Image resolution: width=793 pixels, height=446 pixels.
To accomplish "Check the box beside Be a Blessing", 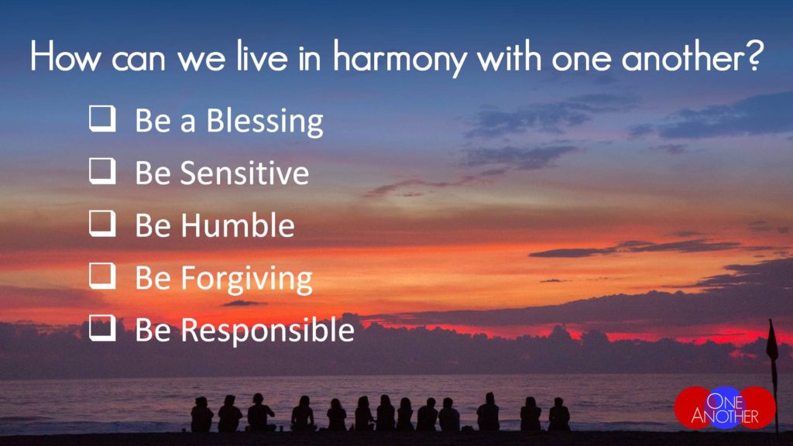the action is point(102,118).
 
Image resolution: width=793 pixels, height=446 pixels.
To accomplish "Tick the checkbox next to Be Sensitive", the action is point(102,170).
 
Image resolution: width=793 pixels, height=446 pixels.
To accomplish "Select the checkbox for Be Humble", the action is point(102,223).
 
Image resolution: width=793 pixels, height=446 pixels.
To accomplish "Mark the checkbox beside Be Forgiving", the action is point(102,276).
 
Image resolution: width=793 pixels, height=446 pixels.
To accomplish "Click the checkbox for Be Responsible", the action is point(102,328).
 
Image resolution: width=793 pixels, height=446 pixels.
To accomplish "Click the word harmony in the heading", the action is point(400,57).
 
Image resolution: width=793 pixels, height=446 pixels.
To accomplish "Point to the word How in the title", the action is point(66,56).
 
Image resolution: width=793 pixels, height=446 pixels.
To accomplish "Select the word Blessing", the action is point(265,122).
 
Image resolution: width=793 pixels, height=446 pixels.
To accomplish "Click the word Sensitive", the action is point(245,173).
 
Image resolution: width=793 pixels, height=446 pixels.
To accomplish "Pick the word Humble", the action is point(238,225).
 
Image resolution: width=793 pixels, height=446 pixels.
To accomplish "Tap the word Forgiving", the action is point(247,279).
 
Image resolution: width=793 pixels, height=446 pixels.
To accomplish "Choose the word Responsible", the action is point(267,330).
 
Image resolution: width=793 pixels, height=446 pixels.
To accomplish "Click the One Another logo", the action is point(725,407).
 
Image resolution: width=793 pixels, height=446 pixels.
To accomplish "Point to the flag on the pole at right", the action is point(772,344).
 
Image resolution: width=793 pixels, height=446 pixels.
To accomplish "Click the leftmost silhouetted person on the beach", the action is point(202,415).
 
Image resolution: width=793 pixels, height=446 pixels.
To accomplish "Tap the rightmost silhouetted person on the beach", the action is point(559,414).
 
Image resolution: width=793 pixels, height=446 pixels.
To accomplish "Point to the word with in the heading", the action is point(510,56).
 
